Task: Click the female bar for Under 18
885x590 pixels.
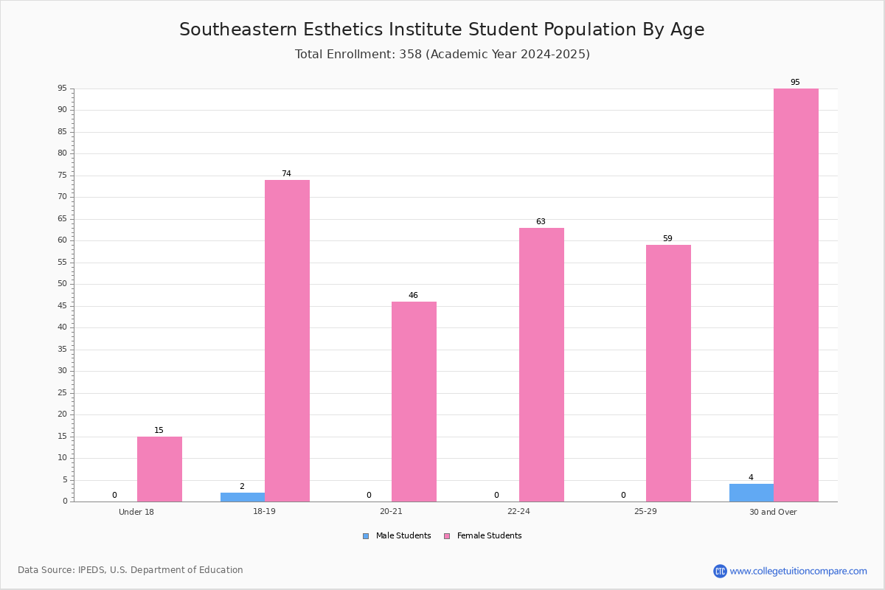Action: [159, 469]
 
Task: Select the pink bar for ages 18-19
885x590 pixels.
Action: [287, 341]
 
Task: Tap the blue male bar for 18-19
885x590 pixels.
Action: [243, 497]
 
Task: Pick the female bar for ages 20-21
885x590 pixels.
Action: [414, 402]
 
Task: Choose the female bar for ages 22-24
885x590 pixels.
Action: [541, 365]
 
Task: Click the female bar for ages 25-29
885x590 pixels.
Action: [668, 373]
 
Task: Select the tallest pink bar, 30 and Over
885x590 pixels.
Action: [796, 295]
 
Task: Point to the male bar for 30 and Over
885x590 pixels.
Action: [752, 493]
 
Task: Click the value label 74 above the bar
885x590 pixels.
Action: [286, 173]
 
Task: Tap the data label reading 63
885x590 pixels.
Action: [541, 221]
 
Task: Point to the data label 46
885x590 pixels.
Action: [413, 295]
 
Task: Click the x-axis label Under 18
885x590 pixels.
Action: [136, 512]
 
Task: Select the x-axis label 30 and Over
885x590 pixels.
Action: [773, 512]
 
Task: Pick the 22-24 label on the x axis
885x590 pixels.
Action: [518, 511]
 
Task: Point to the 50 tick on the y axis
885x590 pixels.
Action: [63, 284]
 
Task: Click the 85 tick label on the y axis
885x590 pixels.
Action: [63, 131]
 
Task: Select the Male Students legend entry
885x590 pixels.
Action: [397, 536]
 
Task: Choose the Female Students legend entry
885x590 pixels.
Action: [483, 536]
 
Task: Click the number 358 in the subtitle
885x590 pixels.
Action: [411, 54]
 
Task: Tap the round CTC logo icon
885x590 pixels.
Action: [720, 571]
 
